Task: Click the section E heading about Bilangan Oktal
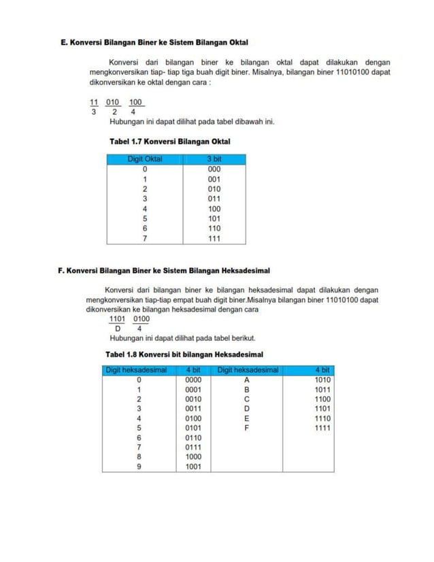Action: (x=154, y=42)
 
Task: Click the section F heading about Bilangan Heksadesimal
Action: (x=164, y=270)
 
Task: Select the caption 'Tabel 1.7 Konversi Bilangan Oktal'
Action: (x=169, y=142)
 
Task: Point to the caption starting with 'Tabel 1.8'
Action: (x=184, y=354)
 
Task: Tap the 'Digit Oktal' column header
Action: (x=144, y=159)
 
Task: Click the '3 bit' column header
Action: (x=214, y=159)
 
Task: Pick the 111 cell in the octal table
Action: (x=214, y=239)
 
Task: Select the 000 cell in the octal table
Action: (x=214, y=169)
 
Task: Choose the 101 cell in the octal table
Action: (x=214, y=219)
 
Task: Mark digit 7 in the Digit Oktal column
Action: (x=144, y=239)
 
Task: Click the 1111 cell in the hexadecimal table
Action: (x=322, y=429)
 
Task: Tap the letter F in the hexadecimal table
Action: (x=248, y=429)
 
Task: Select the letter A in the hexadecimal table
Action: (x=248, y=380)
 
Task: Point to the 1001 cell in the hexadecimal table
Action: (x=193, y=467)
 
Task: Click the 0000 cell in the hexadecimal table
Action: (x=193, y=380)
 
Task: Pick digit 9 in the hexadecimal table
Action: (x=139, y=467)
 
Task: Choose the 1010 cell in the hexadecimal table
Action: (x=322, y=380)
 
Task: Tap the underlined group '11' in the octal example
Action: (x=94, y=103)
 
